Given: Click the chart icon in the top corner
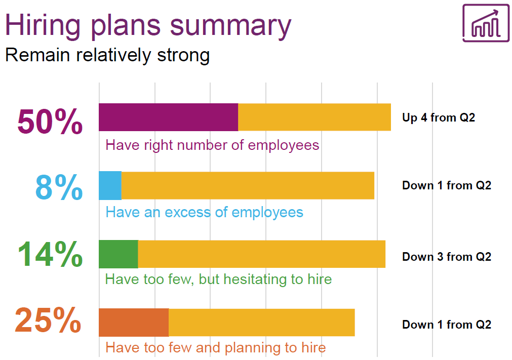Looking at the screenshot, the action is [x=486, y=23].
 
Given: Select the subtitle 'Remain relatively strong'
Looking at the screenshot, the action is [x=107, y=55].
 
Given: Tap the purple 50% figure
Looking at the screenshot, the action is [x=50, y=122].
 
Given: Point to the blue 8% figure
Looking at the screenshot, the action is [x=59, y=187].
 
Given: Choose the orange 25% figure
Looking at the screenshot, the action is [x=48, y=320].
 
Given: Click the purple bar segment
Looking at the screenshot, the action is [x=169, y=117].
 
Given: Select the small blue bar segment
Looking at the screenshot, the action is [x=110, y=185].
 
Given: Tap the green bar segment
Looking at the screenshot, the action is [x=119, y=254].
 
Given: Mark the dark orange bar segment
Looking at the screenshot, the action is [x=134, y=322].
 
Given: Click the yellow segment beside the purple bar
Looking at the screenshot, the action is [x=314, y=117].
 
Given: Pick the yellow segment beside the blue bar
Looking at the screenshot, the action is [x=248, y=185].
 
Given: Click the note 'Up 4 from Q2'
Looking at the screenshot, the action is [x=439, y=117].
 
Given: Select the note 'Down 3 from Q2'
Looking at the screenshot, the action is [x=447, y=257].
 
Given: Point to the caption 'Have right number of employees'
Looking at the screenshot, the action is [x=212, y=145].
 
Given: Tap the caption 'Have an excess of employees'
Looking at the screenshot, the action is [x=205, y=213].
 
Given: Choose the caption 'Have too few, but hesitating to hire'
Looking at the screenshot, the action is [x=218, y=279].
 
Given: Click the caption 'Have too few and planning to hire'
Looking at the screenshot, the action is [x=216, y=348].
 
